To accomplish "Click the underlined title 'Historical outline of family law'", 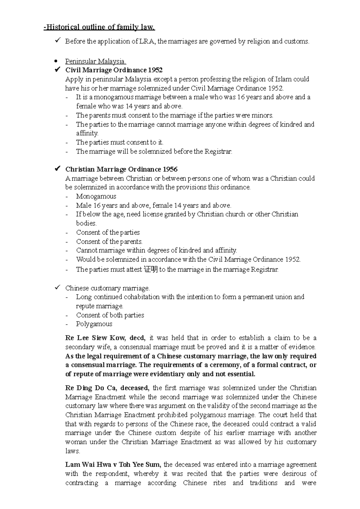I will tap(100, 28).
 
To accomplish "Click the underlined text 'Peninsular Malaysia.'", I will tap(96, 61).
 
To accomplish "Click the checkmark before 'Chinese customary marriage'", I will tap(58, 288).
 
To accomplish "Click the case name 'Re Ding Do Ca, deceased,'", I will tap(107, 388).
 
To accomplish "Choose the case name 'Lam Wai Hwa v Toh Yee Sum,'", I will tap(113, 465).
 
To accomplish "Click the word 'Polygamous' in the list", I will tap(94, 324).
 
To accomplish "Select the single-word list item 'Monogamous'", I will tap(96, 196).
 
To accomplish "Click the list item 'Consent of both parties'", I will tap(110, 315).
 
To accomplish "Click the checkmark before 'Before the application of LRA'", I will tap(58, 41).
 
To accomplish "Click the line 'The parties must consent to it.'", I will tap(120, 142).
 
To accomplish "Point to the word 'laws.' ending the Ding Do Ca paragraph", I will tap(73, 451).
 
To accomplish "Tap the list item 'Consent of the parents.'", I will tap(109, 241).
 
